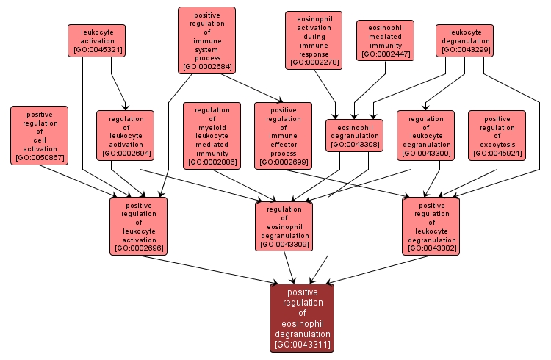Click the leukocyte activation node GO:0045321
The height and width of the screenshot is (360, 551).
coord(96,40)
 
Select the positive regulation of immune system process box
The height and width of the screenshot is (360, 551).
coord(206,40)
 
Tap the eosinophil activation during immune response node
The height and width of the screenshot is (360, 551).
coord(314,40)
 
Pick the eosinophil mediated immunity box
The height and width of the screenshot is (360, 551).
coord(386,40)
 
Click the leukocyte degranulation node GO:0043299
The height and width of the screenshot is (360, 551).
coord(464,40)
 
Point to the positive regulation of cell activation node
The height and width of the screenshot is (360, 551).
coord(39,135)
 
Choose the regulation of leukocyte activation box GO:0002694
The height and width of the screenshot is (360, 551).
coord(125,135)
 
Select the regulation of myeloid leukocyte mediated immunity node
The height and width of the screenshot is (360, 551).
coord(212,135)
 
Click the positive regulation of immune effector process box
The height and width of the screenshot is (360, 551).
coord(284,135)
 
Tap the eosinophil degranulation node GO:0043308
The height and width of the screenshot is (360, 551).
coord(355,135)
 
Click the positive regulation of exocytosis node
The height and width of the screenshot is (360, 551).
coord(497,135)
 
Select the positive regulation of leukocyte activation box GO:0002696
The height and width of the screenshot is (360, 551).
coord(139,226)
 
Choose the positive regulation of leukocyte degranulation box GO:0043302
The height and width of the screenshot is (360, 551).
coord(431,226)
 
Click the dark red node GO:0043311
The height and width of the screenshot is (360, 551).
coord(302,318)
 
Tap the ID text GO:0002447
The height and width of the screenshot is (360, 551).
coord(386,54)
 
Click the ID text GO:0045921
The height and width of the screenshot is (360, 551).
coord(497,154)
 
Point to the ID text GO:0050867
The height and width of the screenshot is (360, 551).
coord(39,158)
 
